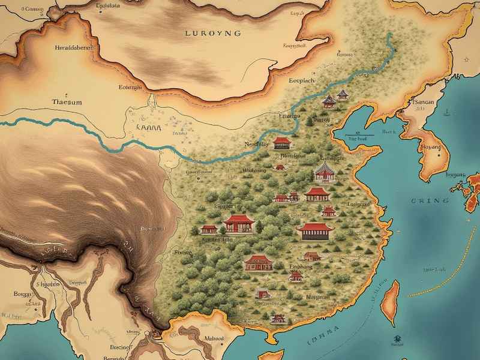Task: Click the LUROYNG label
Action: (214, 33)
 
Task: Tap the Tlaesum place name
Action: (67, 101)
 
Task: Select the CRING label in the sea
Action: (430, 200)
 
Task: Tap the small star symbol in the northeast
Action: (467, 59)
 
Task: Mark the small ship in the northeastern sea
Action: (447, 111)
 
